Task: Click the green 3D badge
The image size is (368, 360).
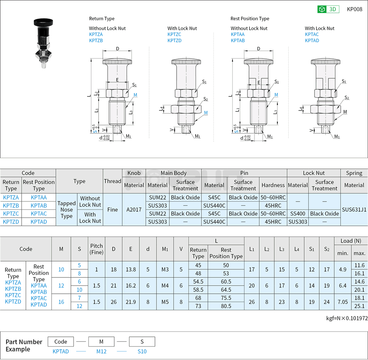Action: (x=328, y=9)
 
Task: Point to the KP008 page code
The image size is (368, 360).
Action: (x=354, y=9)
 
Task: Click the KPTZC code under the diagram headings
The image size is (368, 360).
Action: (x=174, y=34)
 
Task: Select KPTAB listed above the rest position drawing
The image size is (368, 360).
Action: (x=237, y=41)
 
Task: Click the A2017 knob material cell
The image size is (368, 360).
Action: (x=134, y=209)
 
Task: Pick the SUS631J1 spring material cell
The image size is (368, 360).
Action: (x=354, y=209)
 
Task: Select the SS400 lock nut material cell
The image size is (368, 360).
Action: (x=298, y=214)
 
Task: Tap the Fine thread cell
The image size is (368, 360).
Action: (x=113, y=209)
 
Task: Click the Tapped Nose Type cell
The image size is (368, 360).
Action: (x=67, y=209)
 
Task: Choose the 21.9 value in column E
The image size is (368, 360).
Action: (x=131, y=302)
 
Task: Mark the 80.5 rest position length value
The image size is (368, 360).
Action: (x=226, y=306)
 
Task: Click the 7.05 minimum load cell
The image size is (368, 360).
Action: (x=342, y=302)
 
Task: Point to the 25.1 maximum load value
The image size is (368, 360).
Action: (x=359, y=306)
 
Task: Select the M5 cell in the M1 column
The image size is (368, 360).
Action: (x=165, y=302)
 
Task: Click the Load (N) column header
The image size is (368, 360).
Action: (x=351, y=241)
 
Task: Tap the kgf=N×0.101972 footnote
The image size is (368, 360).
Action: (x=347, y=318)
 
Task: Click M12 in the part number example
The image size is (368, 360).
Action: (x=101, y=351)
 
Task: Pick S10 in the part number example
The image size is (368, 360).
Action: (x=142, y=351)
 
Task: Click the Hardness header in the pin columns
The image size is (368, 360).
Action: (x=273, y=185)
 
